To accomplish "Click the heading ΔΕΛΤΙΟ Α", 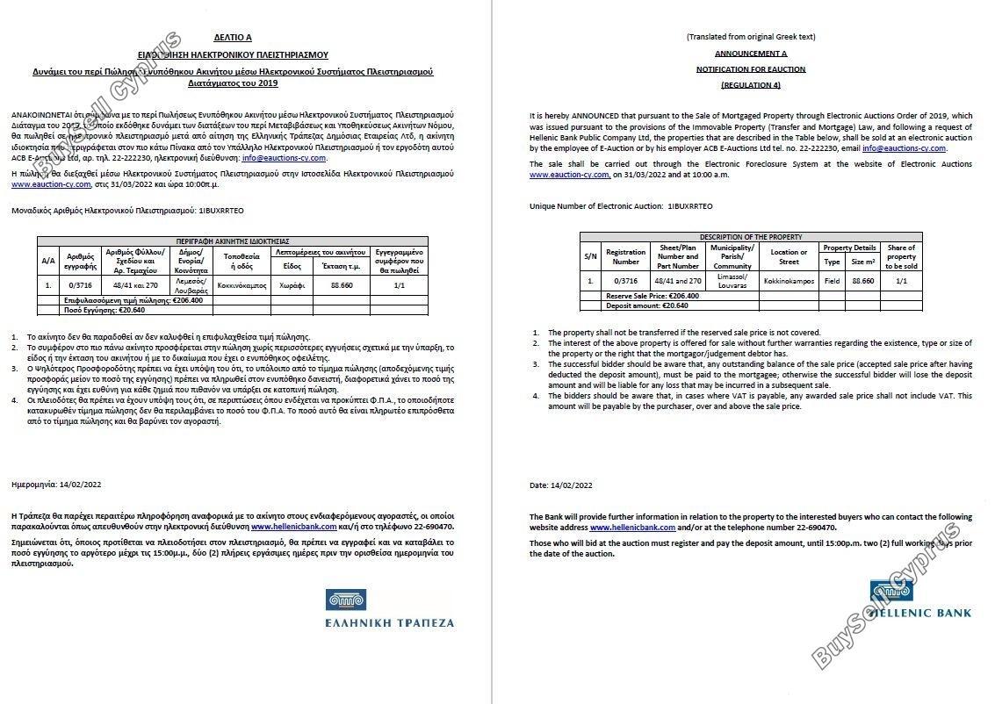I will (232, 39).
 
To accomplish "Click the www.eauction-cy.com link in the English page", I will (569, 176).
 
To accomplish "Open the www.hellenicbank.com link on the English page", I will (632, 528).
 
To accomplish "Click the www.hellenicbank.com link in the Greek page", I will (293, 527).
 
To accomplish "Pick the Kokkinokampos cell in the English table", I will (788, 281).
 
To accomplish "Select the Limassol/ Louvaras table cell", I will (732, 281).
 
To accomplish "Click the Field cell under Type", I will (831, 281).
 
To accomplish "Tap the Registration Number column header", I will (625, 256).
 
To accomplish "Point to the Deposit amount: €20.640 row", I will (646, 305).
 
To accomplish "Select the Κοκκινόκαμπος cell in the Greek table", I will (242, 285).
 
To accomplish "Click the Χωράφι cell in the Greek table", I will (292, 285).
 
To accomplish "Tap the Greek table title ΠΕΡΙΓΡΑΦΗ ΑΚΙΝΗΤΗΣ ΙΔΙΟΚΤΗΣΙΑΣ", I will (232, 241).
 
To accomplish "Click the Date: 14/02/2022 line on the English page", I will (560, 485).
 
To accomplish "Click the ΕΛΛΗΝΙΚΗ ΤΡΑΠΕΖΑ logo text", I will (389, 622).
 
